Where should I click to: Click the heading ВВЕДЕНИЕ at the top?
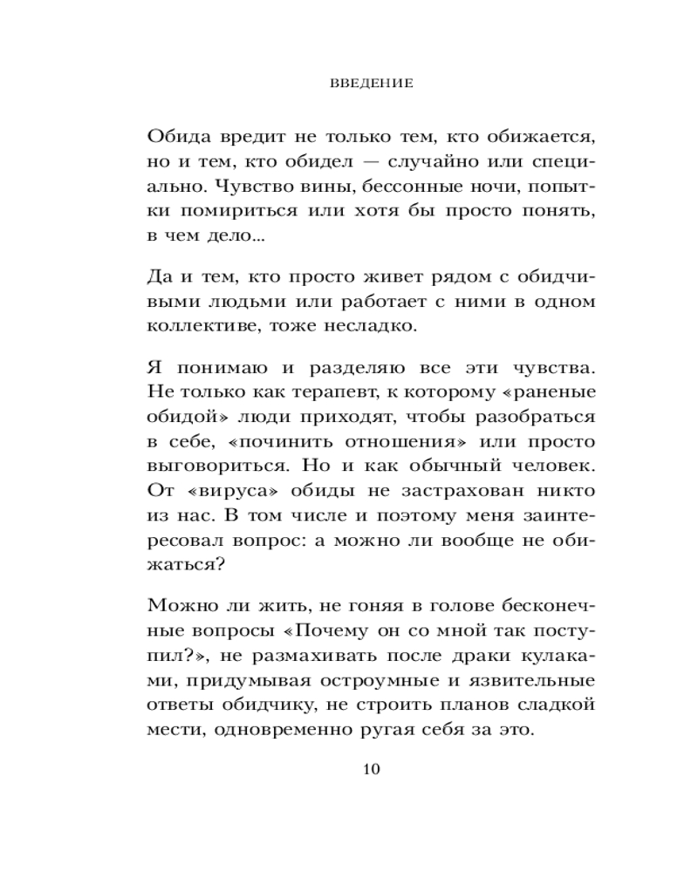372,85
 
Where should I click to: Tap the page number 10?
372,768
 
